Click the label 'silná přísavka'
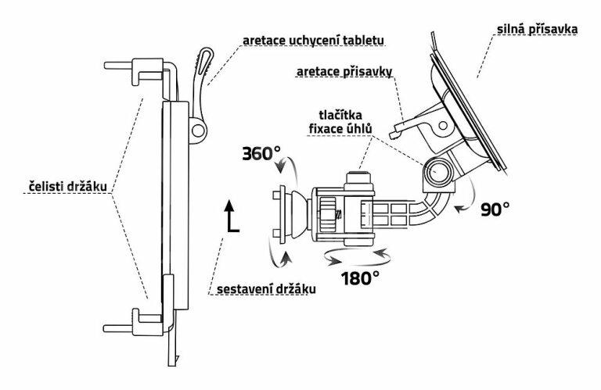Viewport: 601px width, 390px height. [537, 30]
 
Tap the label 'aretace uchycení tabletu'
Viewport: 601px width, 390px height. [313, 41]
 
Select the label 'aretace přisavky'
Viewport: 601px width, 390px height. [344, 72]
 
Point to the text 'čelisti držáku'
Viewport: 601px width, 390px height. [67, 187]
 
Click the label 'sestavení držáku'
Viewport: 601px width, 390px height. [266, 288]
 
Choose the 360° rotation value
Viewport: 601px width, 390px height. [261, 153]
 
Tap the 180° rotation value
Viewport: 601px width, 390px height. [360, 278]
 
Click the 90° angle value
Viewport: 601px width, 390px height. [495, 209]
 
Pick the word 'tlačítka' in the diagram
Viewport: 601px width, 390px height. [340, 115]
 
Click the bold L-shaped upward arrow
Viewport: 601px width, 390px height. [230, 216]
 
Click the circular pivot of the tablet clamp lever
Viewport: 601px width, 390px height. [198, 130]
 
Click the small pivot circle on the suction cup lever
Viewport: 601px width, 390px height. [443, 126]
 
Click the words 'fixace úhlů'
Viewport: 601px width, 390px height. [340, 129]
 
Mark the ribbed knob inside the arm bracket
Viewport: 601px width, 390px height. [328, 213]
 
